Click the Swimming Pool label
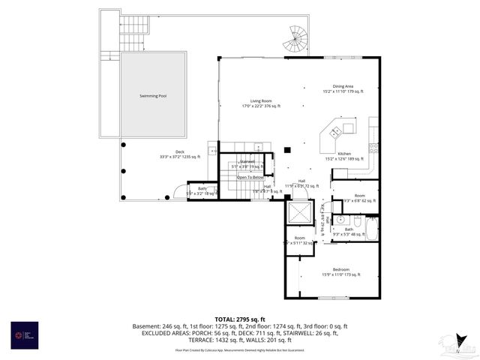(153, 96)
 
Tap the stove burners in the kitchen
(373, 148)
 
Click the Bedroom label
(341, 271)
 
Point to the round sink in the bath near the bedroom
(340, 220)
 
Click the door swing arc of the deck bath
(179, 192)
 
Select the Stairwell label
(247, 163)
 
